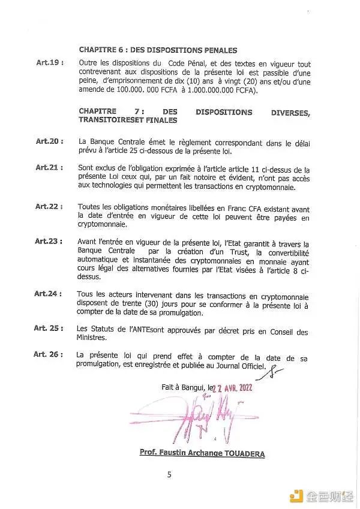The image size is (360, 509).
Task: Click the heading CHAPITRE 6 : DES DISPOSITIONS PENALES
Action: [x=157, y=50]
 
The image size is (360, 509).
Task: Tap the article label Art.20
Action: [x=49, y=141]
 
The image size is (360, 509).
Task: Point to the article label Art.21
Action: [x=49, y=167]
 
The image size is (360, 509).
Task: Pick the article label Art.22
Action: [x=49, y=206]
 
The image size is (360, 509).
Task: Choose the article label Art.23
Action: [x=49, y=241]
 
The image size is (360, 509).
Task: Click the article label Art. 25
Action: [x=49, y=328]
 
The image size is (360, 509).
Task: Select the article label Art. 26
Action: [x=49, y=354]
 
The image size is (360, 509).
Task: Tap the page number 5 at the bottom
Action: [x=169, y=475]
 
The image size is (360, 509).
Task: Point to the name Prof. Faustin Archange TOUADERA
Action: [x=202, y=453]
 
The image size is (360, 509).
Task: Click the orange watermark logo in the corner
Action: [x=296, y=495]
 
